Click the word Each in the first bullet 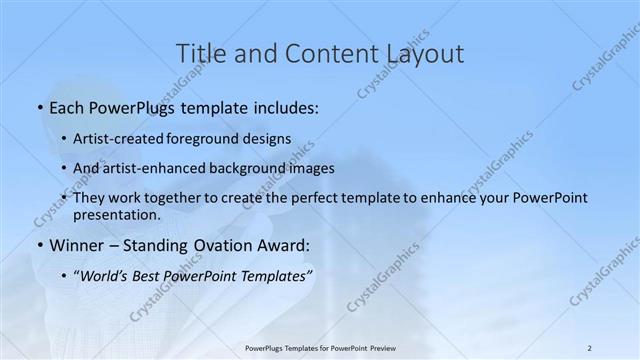point(66,106)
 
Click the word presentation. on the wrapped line point(116,214)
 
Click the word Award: point(287,244)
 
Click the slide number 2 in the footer point(590,347)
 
